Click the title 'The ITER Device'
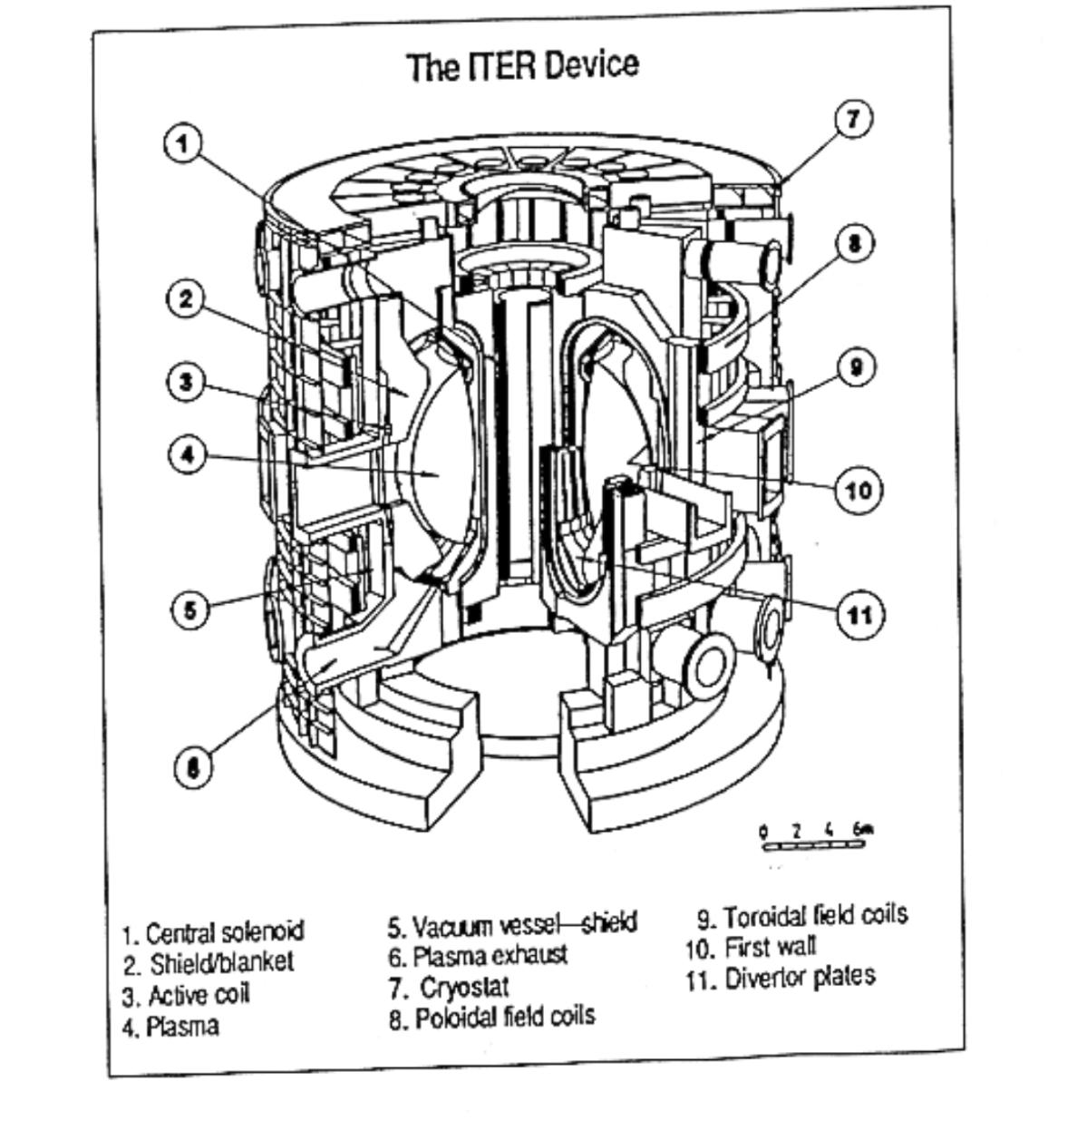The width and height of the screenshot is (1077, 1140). tap(522, 65)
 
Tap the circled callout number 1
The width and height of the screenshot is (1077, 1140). tap(184, 143)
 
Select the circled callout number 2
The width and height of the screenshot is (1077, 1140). tap(186, 299)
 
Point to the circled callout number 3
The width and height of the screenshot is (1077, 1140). tap(186, 382)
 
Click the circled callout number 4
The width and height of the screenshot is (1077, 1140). tap(188, 454)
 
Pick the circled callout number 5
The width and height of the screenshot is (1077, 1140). tap(189, 609)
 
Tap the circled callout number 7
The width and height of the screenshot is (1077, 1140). tap(853, 119)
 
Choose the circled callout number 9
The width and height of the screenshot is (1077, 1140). tap(857, 368)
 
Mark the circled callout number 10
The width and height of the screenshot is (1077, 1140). tap(858, 490)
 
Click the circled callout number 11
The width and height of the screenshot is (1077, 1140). tap(859, 614)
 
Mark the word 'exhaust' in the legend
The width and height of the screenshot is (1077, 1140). tap(530, 956)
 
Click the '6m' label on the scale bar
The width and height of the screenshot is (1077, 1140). tap(862, 828)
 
